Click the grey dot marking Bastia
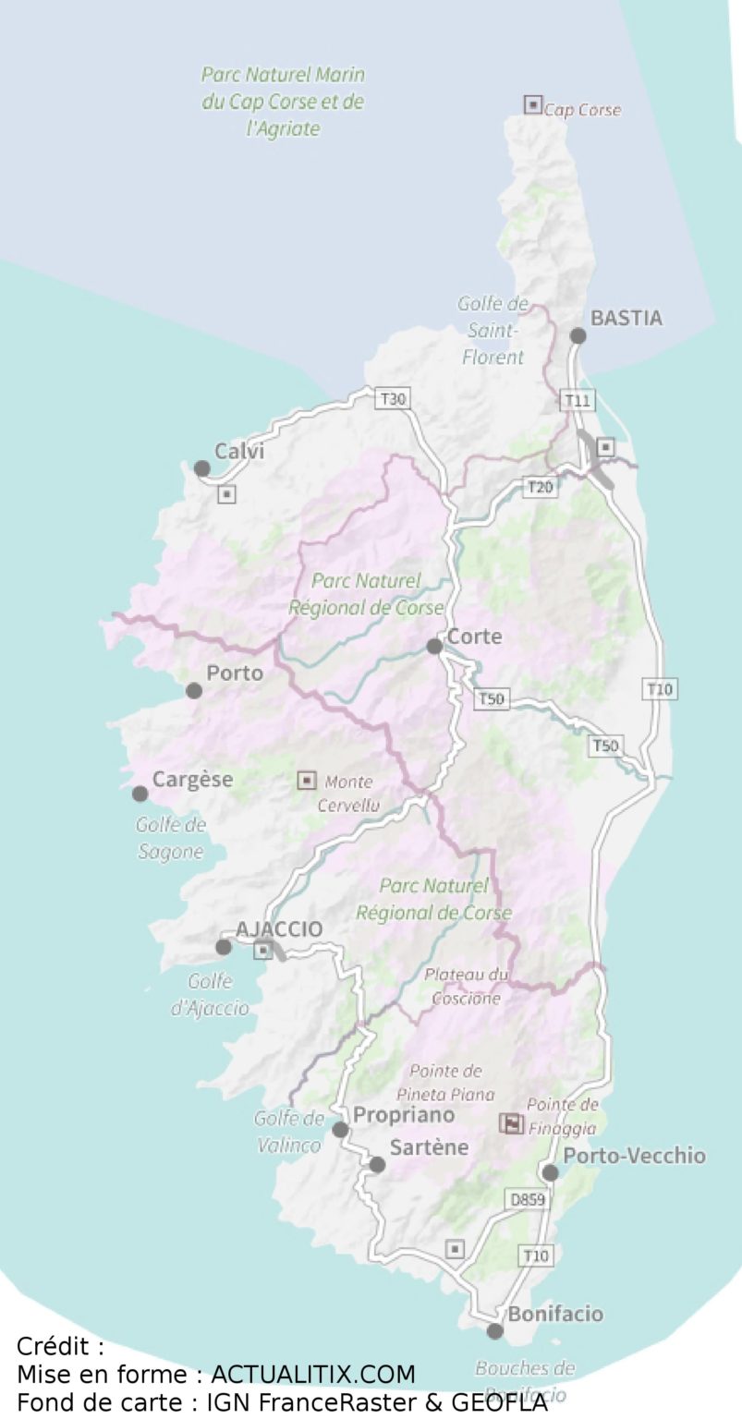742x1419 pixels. pyautogui.click(x=578, y=335)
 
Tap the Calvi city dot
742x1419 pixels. pyautogui.click(x=201, y=468)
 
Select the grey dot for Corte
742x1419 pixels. pyautogui.click(x=434, y=646)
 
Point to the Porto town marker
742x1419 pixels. pyautogui.click(x=194, y=690)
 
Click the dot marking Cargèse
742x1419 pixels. pyautogui.click(x=140, y=794)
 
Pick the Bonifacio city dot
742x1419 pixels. pyautogui.click(x=495, y=1331)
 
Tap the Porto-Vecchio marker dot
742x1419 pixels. pyautogui.click(x=550, y=1172)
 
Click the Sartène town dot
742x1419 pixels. pyautogui.click(x=377, y=1165)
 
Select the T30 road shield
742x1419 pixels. pyautogui.click(x=393, y=399)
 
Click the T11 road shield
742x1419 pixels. pyautogui.click(x=578, y=400)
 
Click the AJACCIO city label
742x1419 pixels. pyautogui.click(x=280, y=929)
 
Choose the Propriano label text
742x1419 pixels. pyautogui.click(x=404, y=1115)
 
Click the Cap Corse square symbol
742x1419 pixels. pyautogui.click(x=533, y=105)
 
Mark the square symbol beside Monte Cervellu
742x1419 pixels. pyautogui.click(x=307, y=781)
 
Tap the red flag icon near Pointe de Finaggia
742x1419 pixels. pyautogui.click(x=511, y=1123)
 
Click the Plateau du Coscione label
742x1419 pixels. pyautogui.click(x=467, y=986)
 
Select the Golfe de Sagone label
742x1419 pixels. pyautogui.click(x=171, y=838)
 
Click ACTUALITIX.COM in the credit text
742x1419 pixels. pyautogui.click(x=313, y=1373)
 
